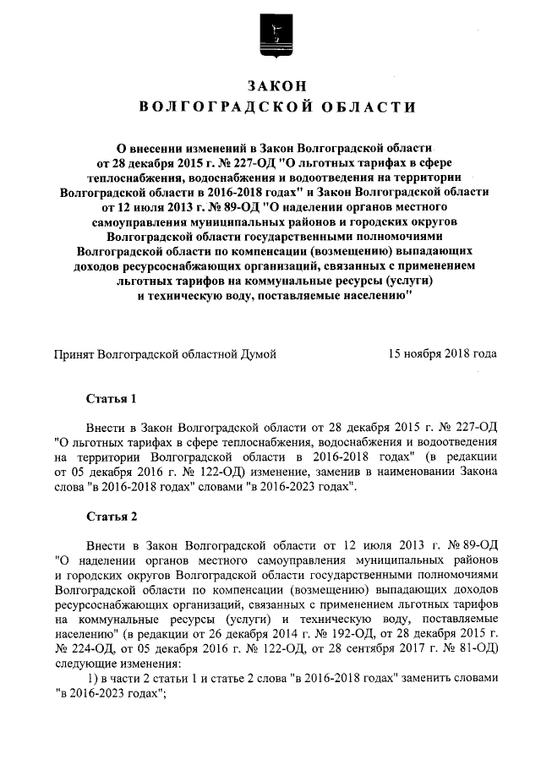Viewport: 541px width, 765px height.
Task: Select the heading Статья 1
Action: click(x=112, y=397)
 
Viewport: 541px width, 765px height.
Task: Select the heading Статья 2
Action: click(x=112, y=515)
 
